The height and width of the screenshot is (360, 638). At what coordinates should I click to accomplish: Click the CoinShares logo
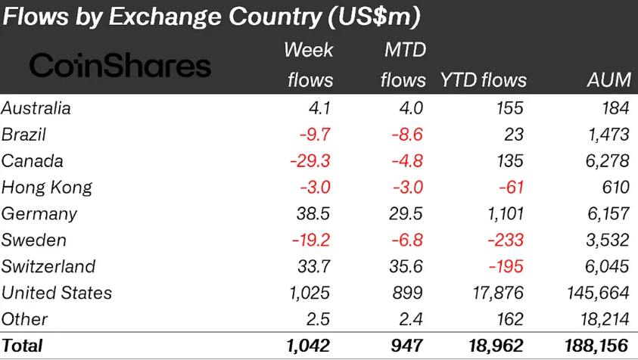tap(120, 66)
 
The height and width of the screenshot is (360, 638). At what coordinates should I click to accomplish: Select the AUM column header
tap(609, 79)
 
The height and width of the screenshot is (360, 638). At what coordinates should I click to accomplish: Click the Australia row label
tap(36, 108)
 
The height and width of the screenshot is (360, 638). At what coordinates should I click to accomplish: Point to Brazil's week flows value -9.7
tap(311, 135)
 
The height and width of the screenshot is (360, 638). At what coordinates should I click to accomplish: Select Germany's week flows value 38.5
tap(310, 214)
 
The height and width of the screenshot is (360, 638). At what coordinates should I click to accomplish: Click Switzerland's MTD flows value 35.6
tap(403, 267)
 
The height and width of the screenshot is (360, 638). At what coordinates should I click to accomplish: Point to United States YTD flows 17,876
tap(492, 293)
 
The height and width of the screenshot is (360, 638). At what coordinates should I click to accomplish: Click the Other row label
tap(24, 319)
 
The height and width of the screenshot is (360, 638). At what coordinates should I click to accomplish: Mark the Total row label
tap(22, 346)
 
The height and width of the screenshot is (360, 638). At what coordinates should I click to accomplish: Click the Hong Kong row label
tap(46, 188)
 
